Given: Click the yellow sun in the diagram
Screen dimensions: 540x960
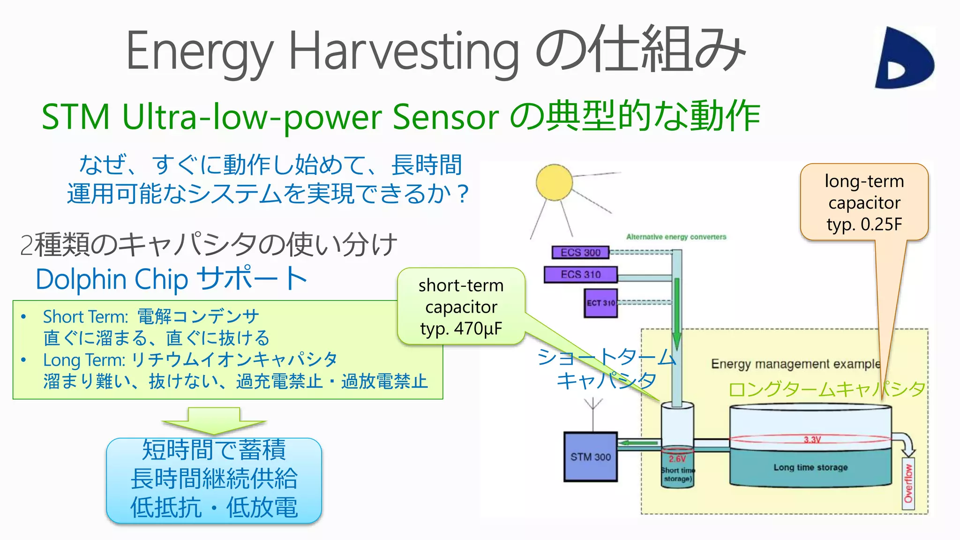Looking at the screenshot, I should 554,182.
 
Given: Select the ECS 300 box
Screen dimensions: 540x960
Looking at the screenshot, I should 580,253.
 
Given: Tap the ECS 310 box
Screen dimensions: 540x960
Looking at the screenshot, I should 580,274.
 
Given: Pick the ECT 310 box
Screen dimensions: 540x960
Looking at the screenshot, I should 600,303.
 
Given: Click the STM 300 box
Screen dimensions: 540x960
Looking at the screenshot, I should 590,457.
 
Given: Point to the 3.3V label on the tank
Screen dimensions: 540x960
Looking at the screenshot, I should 812,440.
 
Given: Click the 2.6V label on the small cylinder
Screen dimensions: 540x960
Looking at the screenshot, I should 677,458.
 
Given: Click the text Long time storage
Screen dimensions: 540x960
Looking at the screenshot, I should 810,467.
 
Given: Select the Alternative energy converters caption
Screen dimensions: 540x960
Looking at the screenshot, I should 676,237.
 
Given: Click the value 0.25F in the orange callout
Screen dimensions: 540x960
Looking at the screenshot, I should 881,225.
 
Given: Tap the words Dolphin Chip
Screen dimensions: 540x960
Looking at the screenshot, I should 112,279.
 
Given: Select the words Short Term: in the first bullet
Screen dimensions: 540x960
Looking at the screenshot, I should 85,317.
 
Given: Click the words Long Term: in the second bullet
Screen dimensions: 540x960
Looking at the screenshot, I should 84,360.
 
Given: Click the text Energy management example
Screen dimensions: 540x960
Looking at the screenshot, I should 795,364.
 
